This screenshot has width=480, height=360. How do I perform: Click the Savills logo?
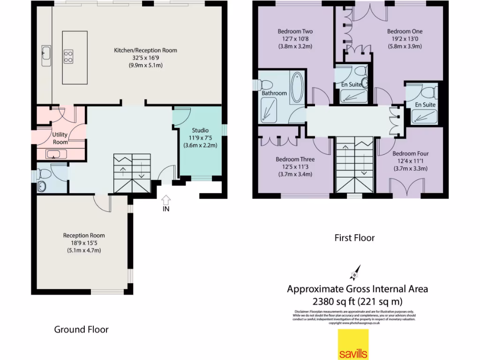353,344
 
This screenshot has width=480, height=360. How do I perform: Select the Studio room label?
200,130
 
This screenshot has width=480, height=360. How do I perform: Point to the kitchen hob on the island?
68,56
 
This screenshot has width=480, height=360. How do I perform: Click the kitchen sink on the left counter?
46,55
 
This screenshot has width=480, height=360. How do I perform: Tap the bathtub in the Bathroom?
297,88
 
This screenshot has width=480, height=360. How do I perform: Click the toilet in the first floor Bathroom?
266,85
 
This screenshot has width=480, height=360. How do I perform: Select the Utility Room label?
60,138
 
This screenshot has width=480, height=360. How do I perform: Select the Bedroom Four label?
410,153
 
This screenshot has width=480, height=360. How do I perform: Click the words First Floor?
354,238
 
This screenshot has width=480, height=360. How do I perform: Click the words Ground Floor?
81,330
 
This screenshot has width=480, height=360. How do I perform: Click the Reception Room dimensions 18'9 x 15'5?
84,243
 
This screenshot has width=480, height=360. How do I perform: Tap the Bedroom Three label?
295,159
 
